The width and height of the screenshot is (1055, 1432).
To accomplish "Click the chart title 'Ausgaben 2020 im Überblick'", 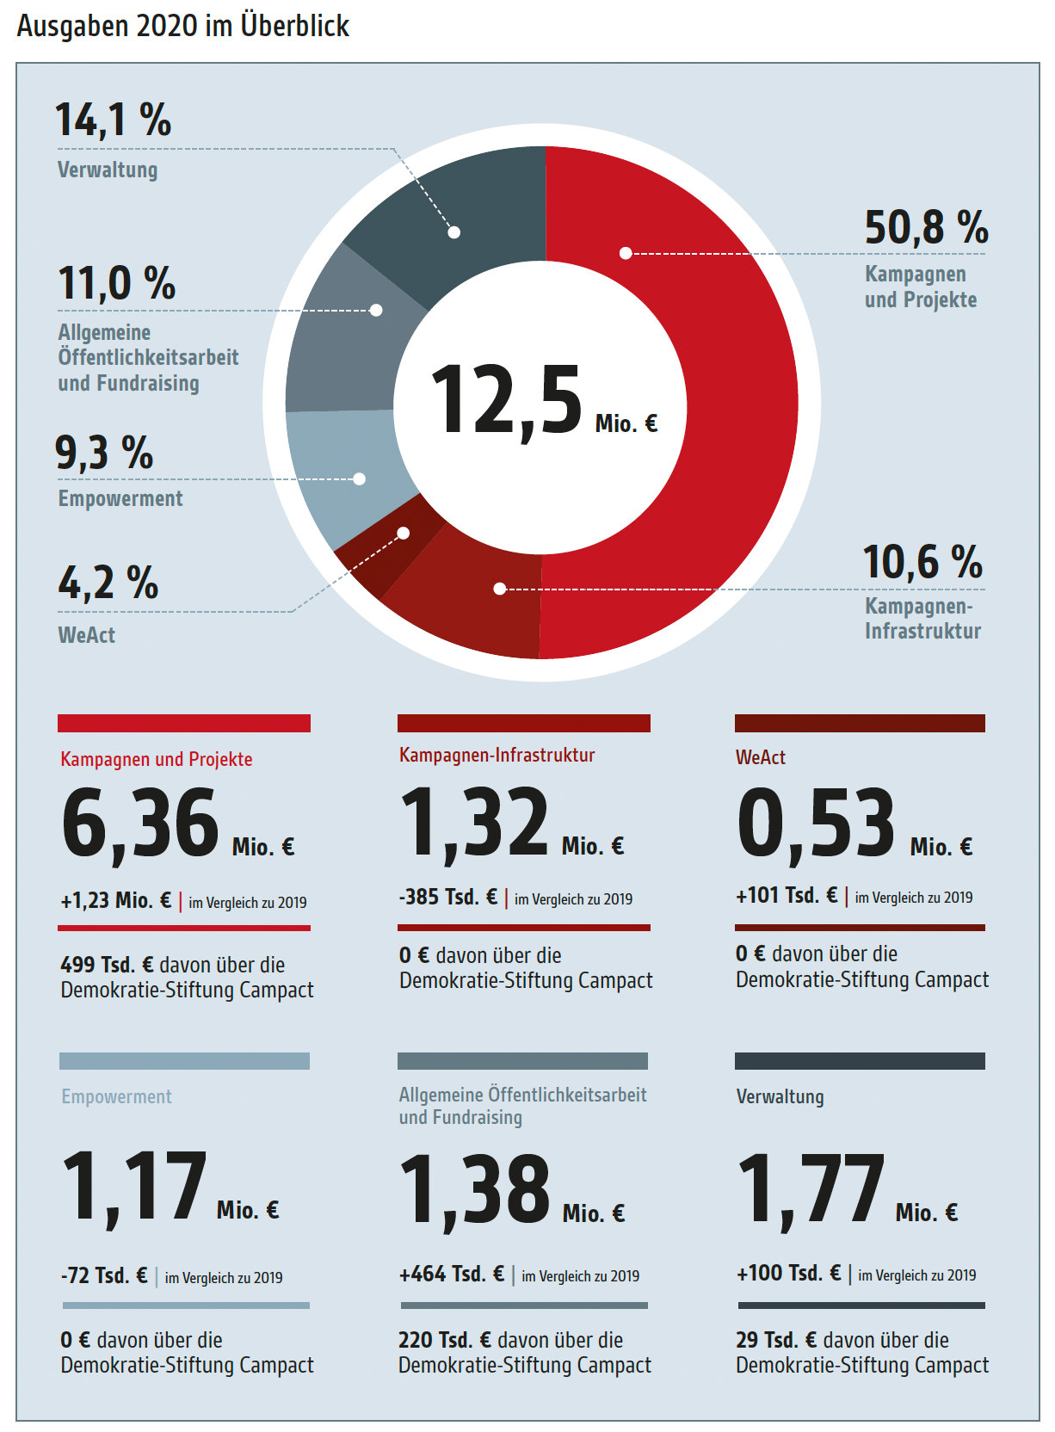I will pos(182,26).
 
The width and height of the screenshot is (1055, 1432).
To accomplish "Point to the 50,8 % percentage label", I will pos(926,228).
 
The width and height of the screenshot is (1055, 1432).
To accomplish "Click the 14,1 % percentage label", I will pos(114,120).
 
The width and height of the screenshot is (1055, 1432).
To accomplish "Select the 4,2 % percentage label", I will pos(108,583).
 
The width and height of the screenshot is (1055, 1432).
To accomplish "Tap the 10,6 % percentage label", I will pos(922,563).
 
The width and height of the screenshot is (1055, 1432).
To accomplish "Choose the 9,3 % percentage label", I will pos(104,454).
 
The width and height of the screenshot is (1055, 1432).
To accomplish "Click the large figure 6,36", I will pos(140,824).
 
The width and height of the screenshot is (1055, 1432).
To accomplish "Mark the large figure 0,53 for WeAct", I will pos(816,824).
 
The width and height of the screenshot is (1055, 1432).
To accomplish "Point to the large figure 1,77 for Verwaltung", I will pos(811,1189).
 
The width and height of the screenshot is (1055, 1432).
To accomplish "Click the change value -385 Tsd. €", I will pos(448,898).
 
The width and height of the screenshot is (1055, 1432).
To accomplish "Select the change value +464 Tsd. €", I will pos(452,1275).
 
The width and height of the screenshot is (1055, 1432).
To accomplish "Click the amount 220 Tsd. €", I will pos(445,1341).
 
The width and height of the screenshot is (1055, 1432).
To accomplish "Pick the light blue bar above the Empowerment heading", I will pos(184,1061).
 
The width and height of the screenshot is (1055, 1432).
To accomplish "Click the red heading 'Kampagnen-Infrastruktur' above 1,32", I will pos(497,756).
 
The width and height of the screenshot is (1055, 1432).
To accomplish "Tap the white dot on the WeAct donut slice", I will pos(403,534).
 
